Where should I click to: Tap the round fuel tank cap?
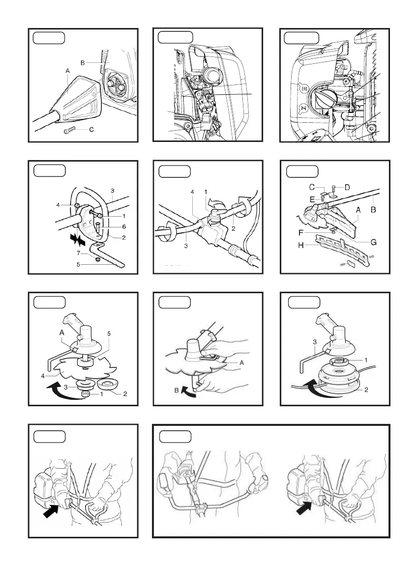click(x=327, y=99)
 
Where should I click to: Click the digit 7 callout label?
click(x=78, y=253)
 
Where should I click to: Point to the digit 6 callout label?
click(x=123, y=227)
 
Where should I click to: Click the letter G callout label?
click(x=373, y=242)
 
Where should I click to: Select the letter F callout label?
click(x=300, y=233)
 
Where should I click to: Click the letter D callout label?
click(x=347, y=187)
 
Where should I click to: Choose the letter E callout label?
click(x=312, y=199)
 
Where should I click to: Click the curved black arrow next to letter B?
click(x=189, y=391)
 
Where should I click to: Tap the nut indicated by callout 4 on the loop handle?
click(x=76, y=205)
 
